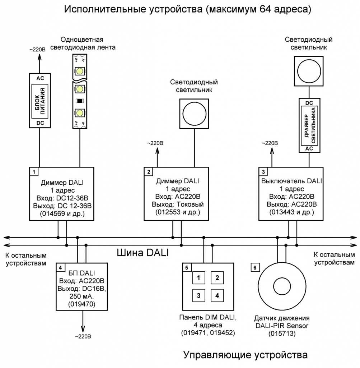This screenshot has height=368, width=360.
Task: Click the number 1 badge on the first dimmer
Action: (x=33, y=171)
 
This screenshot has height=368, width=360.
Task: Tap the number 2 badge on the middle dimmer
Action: (x=149, y=171)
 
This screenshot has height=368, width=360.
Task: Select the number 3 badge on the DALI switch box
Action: (x=263, y=171)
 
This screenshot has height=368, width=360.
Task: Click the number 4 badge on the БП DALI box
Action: (x=61, y=267)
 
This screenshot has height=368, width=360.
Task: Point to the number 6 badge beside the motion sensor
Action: (x=255, y=267)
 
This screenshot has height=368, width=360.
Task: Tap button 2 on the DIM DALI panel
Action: (x=217, y=277)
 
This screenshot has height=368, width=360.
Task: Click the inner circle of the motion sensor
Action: (x=281, y=286)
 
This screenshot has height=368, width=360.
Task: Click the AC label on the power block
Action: (x=39, y=78)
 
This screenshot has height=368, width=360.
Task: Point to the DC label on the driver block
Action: (x=309, y=103)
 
